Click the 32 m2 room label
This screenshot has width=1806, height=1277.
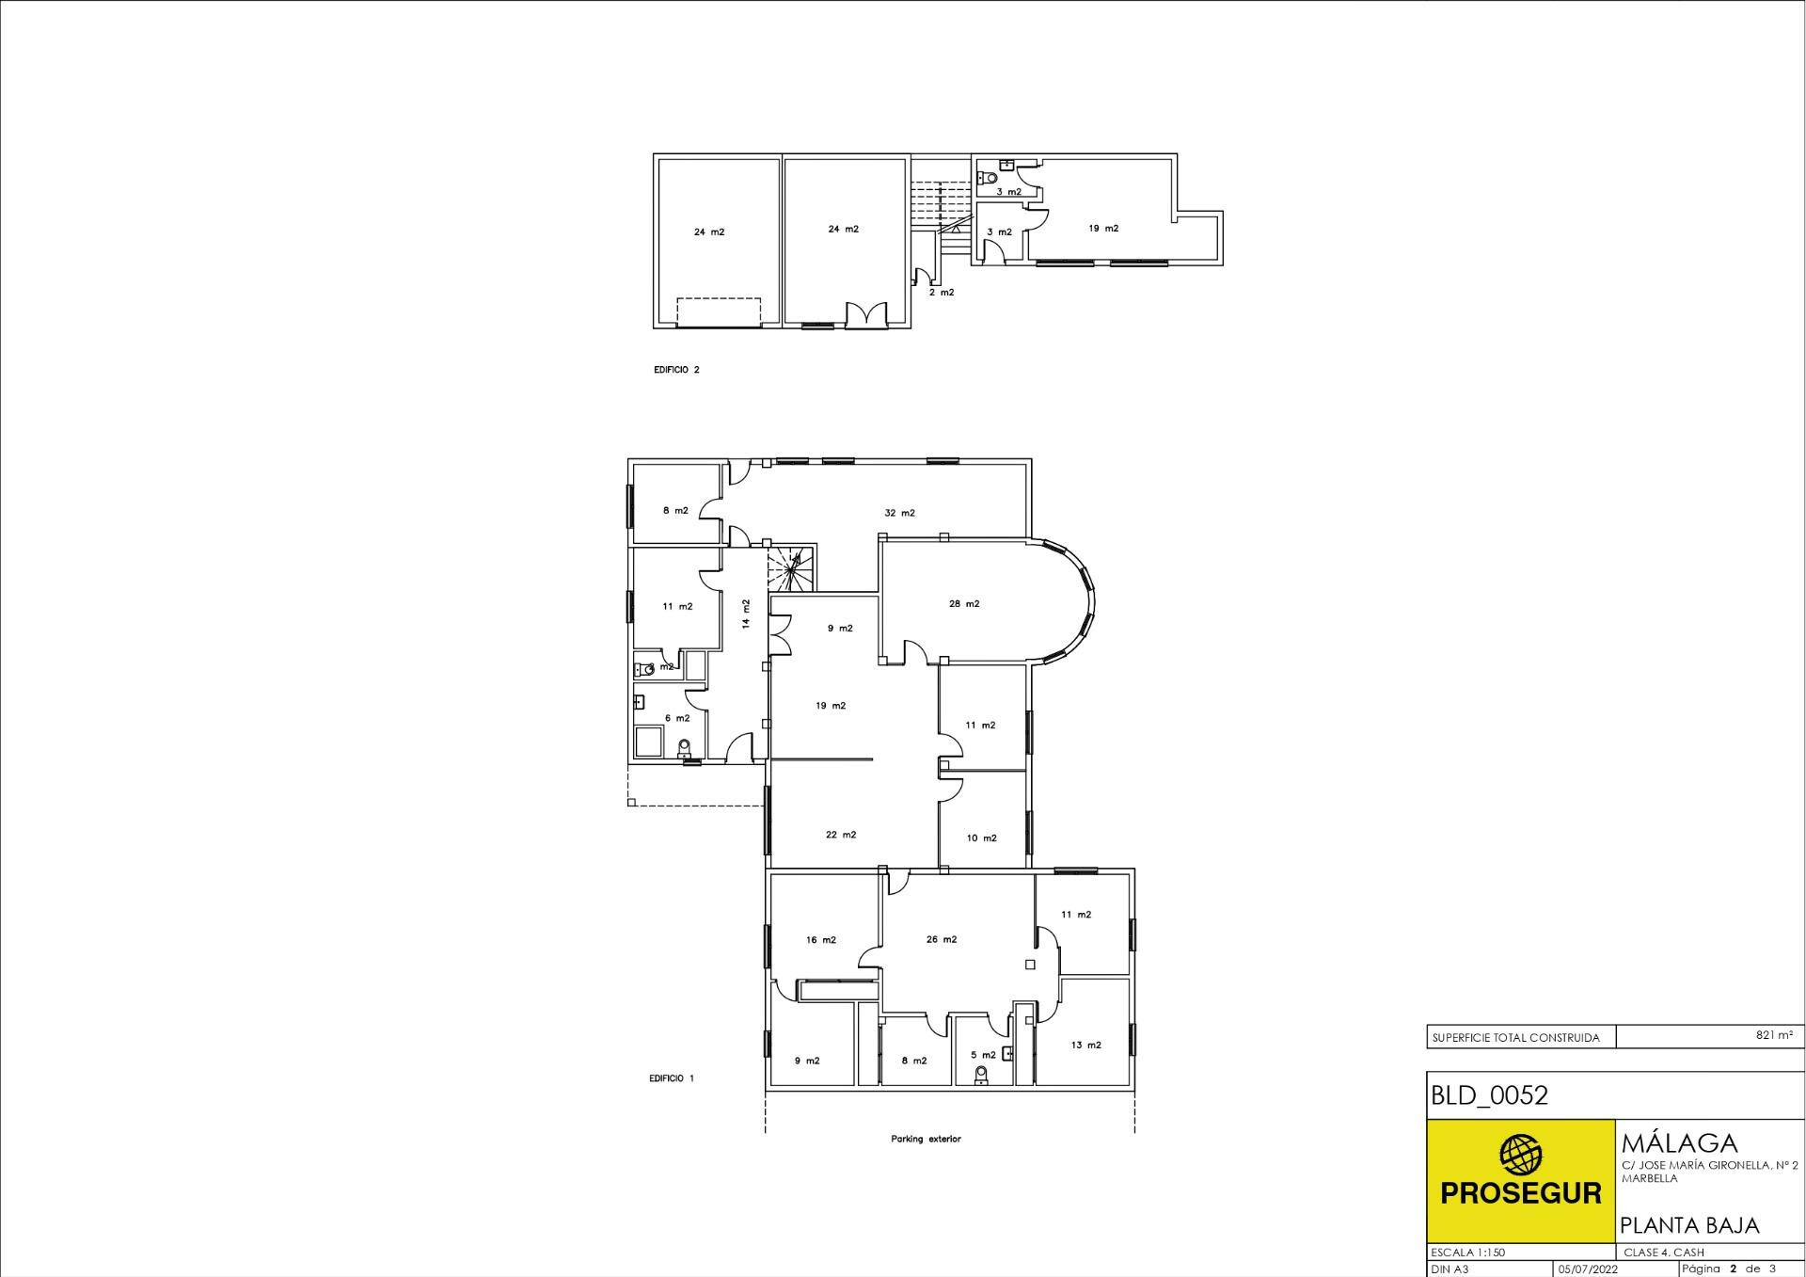click(899, 513)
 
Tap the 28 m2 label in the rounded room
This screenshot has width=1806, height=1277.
click(964, 604)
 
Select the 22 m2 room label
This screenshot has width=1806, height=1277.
click(841, 835)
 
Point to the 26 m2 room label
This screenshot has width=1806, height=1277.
click(942, 939)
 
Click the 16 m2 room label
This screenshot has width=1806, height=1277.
click(821, 940)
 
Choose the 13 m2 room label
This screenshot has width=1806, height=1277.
click(1085, 1045)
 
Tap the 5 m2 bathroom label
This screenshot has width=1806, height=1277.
click(983, 1055)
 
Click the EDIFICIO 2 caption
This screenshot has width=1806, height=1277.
click(676, 370)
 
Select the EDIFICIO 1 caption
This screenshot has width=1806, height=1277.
click(672, 1078)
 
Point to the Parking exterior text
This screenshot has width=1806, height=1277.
click(926, 1139)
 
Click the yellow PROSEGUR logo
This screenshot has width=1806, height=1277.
click(1520, 1180)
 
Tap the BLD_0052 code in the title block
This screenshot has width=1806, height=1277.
click(1489, 1095)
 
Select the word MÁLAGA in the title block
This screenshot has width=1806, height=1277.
click(1679, 1143)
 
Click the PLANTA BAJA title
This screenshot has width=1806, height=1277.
click(1689, 1225)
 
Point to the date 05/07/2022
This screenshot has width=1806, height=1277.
click(1588, 1269)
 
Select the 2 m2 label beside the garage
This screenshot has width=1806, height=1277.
click(942, 293)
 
